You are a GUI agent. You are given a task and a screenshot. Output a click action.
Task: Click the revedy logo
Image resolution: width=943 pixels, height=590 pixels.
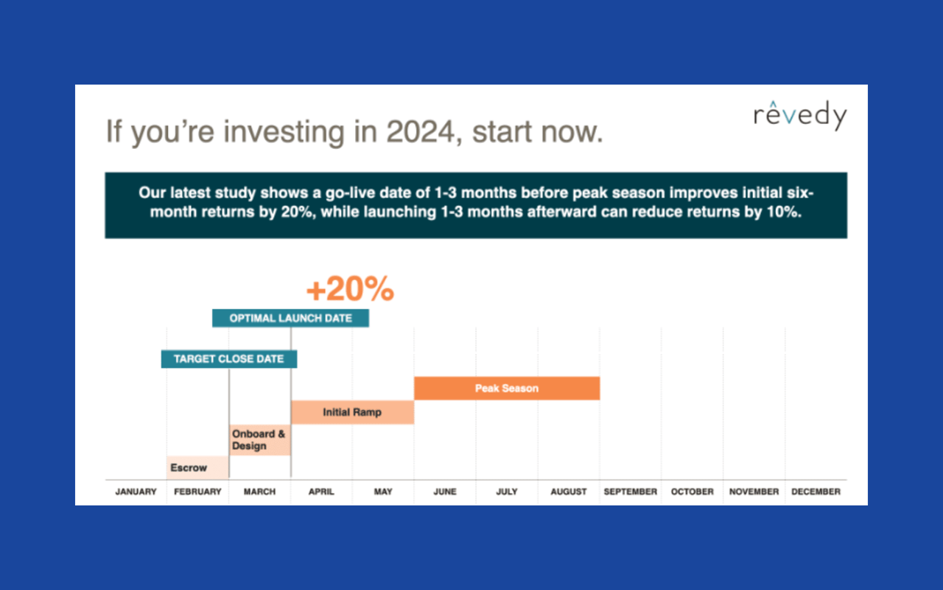tap(800, 115)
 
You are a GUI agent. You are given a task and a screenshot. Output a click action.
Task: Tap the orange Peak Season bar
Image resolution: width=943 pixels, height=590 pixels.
tap(507, 388)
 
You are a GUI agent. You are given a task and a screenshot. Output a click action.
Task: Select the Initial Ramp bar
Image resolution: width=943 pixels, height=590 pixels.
tap(352, 412)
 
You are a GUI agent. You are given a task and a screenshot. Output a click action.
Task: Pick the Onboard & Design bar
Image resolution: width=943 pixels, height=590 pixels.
tap(260, 440)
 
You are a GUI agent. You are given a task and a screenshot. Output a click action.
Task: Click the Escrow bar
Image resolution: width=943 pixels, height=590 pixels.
tap(197, 468)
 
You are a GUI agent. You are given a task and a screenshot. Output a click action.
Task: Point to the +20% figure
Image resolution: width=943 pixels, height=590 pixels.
tap(350, 289)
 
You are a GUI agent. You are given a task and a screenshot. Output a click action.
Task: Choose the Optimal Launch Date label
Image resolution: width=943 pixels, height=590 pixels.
tap(290, 318)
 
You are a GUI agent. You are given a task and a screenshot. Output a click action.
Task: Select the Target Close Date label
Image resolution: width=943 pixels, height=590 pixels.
tap(229, 359)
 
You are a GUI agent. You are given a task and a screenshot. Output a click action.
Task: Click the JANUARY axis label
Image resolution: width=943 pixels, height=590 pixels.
tap(136, 492)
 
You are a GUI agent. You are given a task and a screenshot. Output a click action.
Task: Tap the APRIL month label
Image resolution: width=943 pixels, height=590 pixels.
tap(321, 492)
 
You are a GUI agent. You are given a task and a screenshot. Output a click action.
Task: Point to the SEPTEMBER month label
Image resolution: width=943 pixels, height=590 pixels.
tap(630, 492)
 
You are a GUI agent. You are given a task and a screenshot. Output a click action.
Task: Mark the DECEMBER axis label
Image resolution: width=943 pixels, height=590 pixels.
tap(816, 492)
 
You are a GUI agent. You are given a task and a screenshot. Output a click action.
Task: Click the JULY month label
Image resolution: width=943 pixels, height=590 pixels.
tap(507, 492)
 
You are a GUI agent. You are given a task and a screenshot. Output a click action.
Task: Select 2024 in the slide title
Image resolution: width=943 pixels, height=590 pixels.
tap(421, 131)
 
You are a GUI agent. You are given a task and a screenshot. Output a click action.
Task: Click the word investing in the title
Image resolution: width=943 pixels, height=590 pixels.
tap(284, 132)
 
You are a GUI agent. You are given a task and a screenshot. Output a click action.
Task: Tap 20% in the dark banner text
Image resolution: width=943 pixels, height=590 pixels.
tap(298, 212)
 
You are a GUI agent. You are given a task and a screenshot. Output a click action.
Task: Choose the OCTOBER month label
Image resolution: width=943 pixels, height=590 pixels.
tap(692, 492)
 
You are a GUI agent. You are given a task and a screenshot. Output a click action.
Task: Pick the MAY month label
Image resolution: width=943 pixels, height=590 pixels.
tap(383, 492)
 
